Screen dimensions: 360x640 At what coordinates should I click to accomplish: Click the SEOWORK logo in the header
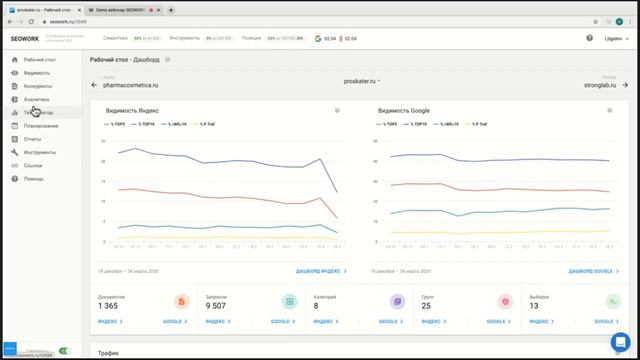28,38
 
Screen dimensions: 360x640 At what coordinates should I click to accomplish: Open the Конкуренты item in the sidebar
37,86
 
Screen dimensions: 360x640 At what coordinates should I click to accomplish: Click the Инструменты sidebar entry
40,152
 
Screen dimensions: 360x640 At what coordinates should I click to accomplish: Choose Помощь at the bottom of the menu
34,178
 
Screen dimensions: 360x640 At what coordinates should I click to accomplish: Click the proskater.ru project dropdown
361,79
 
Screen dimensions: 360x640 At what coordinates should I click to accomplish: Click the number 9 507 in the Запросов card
222,305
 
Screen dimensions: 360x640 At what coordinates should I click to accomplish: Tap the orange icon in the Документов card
181,301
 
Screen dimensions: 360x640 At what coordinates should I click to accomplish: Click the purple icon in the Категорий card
397,301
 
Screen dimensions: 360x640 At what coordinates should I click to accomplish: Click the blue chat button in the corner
620,341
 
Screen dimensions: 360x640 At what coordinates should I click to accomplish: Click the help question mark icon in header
589,38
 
